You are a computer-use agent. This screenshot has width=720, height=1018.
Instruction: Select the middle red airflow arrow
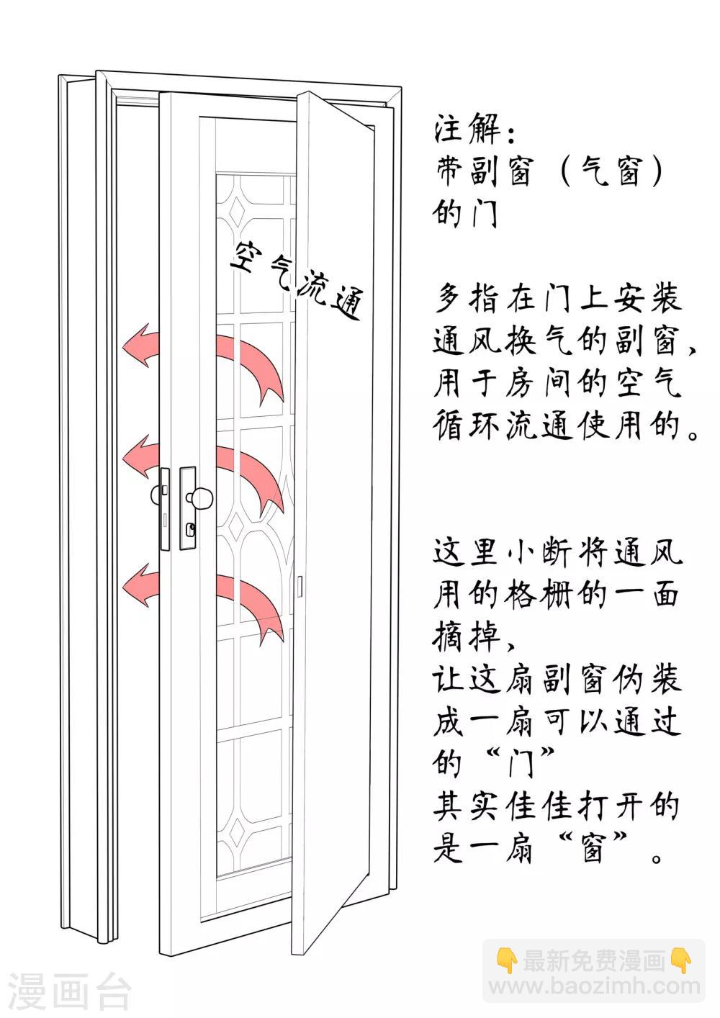(x=209, y=468)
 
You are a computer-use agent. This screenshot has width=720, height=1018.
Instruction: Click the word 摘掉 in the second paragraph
(x=468, y=636)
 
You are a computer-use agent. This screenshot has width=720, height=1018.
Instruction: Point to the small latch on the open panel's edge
(x=300, y=587)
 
